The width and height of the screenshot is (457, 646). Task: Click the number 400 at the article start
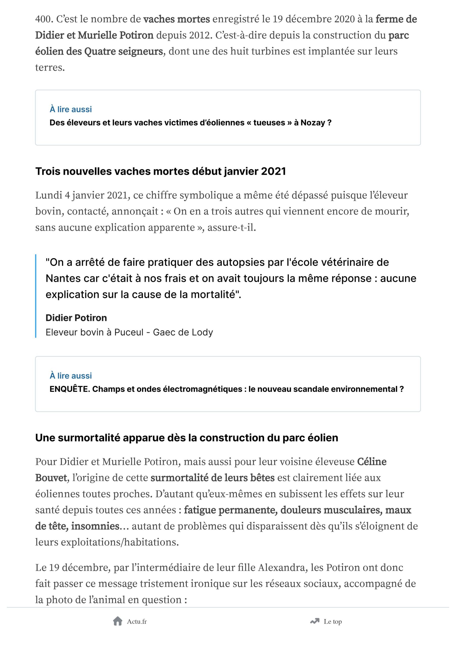coord(44,19)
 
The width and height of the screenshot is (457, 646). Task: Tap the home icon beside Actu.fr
coord(118,621)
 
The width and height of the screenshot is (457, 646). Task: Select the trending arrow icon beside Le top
coord(315,621)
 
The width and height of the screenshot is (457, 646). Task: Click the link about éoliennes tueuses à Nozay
coord(190,123)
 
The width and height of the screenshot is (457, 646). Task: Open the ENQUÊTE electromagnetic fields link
coord(227,389)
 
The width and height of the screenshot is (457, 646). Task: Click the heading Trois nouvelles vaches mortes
coord(160,171)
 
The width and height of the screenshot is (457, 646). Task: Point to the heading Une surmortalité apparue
coord(186,438)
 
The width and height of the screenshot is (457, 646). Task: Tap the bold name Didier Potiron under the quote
coord(76,318)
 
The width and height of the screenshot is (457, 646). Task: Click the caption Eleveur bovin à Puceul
coord(129,332)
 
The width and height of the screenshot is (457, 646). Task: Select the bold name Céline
coord(372,462)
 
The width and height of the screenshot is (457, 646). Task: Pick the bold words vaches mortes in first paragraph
coord(176,19)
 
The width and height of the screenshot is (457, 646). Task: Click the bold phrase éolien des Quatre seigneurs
coord(99,51)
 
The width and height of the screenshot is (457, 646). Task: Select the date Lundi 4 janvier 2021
coord(83,195)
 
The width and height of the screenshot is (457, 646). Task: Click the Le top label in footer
coord(333,622)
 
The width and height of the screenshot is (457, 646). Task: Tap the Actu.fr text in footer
coord(137,622)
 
